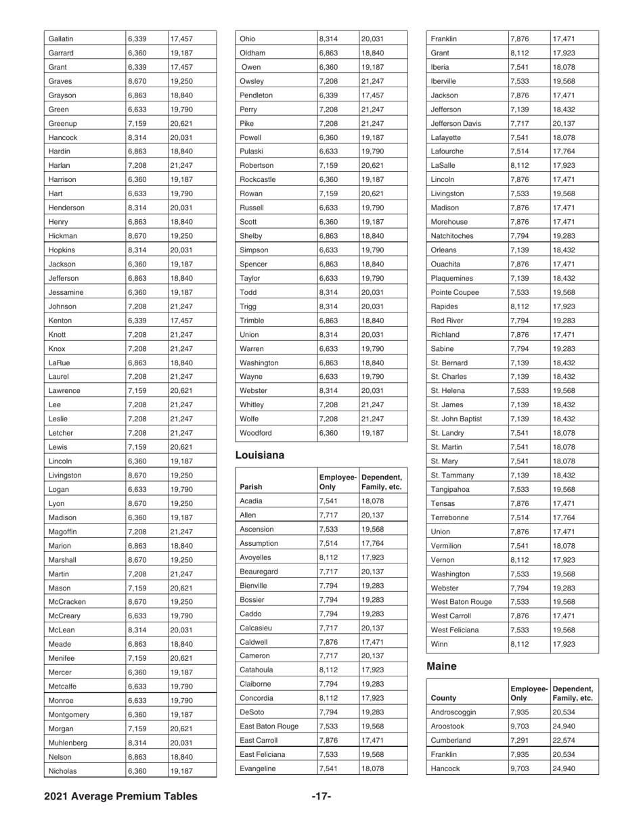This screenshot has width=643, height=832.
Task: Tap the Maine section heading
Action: pyautogui.click(x=443, y=666)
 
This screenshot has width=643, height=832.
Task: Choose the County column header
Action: pyautogui.click(x=443, y=697)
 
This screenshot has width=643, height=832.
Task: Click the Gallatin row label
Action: pyautogui.click(x=62, y=39)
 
